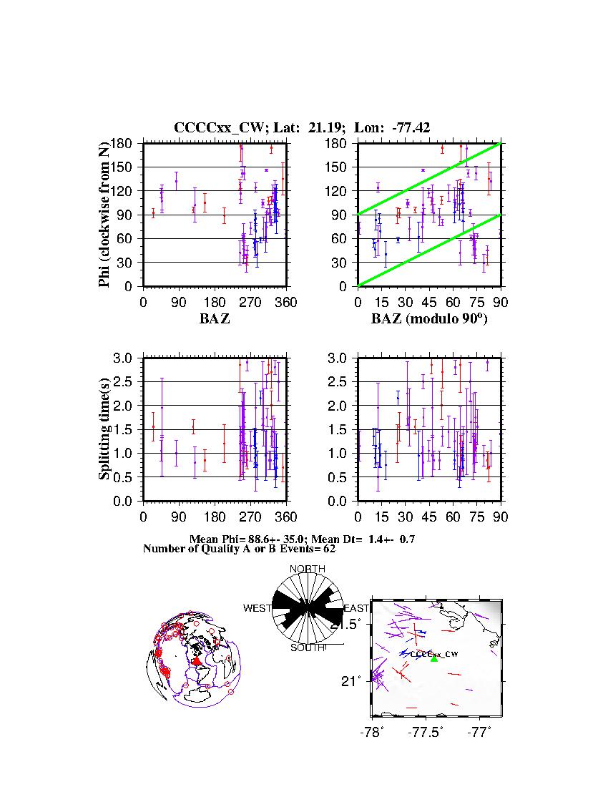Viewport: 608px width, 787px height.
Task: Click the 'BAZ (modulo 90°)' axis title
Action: click(x=429, y=319)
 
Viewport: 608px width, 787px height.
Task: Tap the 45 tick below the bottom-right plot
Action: click(x=429, y=517)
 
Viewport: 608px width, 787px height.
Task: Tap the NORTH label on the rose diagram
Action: click(x=308, y=569)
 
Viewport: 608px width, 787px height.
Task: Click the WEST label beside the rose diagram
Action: click(x=257, y=608)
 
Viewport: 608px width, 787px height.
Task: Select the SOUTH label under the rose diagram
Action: click(x=308, y=648)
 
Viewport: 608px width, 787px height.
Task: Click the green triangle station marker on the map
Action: click(x=434, y=658)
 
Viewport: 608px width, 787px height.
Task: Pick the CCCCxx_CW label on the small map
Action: click(x=434, y=653)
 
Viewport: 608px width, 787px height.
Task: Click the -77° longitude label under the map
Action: click(x=479, y=732)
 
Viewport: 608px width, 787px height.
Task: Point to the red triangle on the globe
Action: click(x=197, y=661)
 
